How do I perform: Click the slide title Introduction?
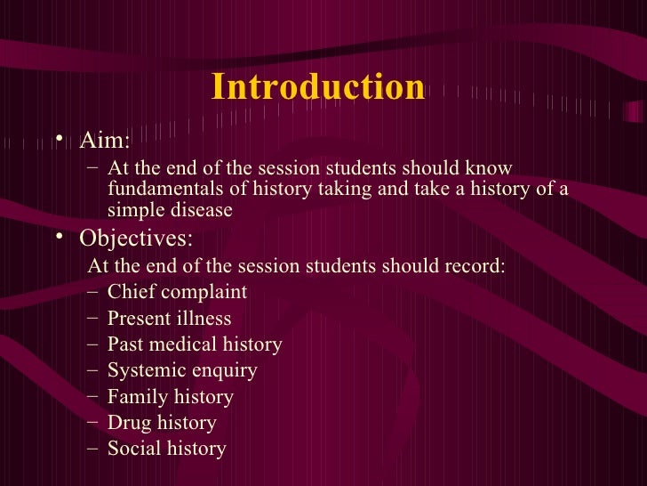click(x=318, y=87)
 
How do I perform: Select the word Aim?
click(x=103, y=142)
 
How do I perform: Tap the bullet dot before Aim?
click(x=59, y=141)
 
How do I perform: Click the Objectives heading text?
click(x=135, y=239)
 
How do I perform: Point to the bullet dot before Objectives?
click(x=59, y=239)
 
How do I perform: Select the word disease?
click(x=201, y=210)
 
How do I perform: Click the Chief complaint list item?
click(x=177, y=293)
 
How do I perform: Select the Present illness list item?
click(x=169, y=319)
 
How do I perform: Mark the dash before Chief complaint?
click(x=95, y=293)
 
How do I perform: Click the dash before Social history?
click(x=95, y=449)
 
